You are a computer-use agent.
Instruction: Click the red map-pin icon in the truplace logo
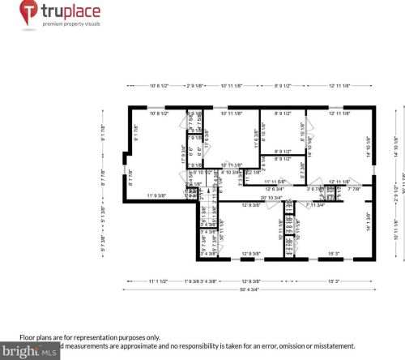tap(28, 13)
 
